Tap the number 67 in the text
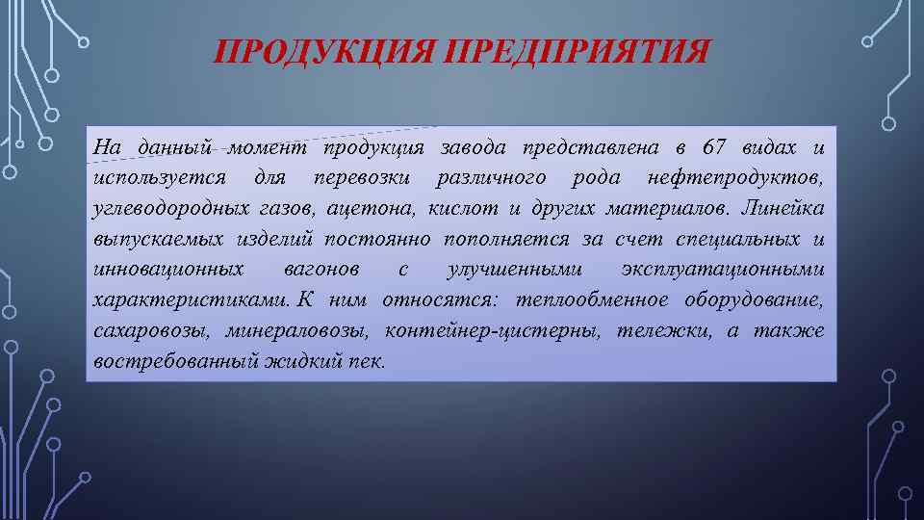(x=714, y=148)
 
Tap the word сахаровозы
(x=152, y=329)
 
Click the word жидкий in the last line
(x=295, y=360)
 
